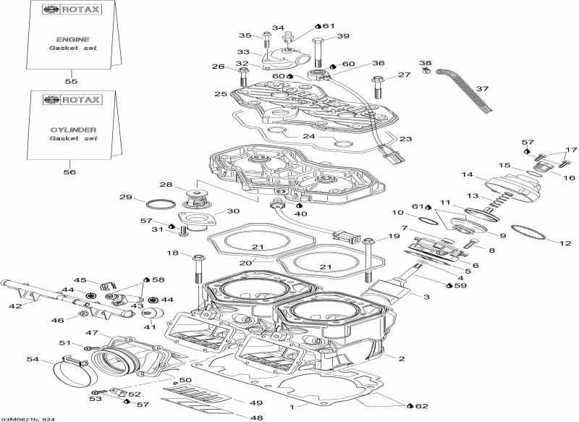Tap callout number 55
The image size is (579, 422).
pyautogui.click(x=71, y=81)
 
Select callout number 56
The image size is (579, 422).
pyautogui.click(x=71, y=172)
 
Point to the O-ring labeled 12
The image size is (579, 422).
pyautogui.click(x=528, y=232)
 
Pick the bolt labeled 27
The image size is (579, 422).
pyautogui.click(x=377, y=87)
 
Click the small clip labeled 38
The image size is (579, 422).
pyautogui.click(x=427, y=72)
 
